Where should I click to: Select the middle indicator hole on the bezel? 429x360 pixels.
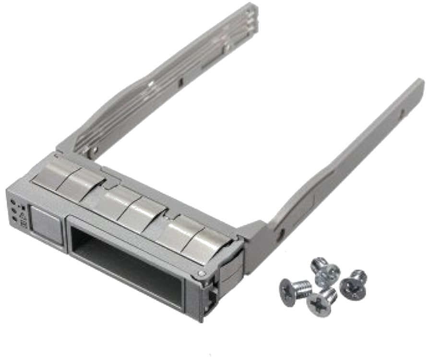point(14,211)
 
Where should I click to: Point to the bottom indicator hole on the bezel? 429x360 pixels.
point(15,220)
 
